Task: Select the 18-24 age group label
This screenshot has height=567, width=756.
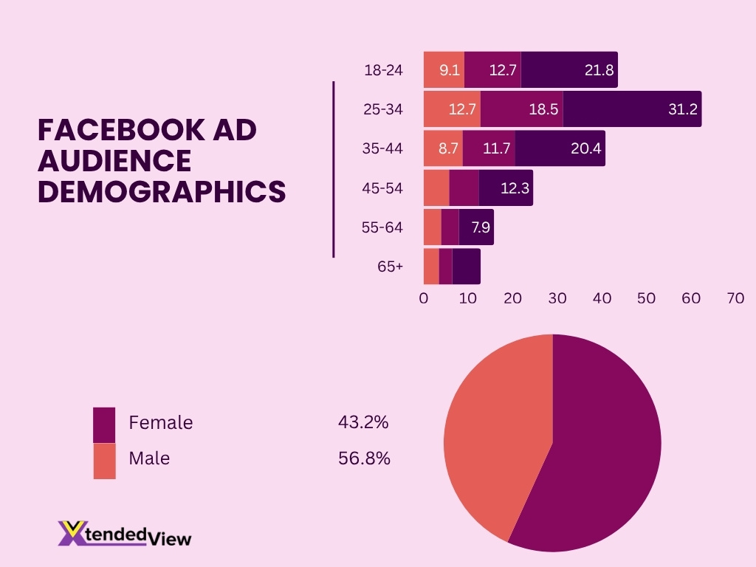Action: tap(383, 70)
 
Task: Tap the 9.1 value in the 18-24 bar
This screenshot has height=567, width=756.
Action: tap(450, 71)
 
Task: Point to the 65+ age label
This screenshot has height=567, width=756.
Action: tap(390, 267)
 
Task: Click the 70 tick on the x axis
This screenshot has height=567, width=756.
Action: tap(735, 298)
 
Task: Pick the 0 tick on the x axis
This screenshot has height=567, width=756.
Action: tap(424, 298)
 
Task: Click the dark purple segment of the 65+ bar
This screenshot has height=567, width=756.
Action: tap(466, 267)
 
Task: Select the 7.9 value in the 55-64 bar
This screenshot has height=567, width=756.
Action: tap(481, 227)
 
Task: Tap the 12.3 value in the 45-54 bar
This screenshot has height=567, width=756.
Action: tap(515, 188)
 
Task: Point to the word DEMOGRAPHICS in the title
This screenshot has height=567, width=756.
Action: tap(162, 192)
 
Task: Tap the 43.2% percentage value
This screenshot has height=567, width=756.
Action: tap(363, 423)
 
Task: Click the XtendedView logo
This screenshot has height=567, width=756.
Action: tap(124, 534)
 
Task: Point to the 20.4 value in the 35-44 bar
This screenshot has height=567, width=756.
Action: tap(586, 149)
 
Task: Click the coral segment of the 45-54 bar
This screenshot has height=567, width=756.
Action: tap(436, 188)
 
